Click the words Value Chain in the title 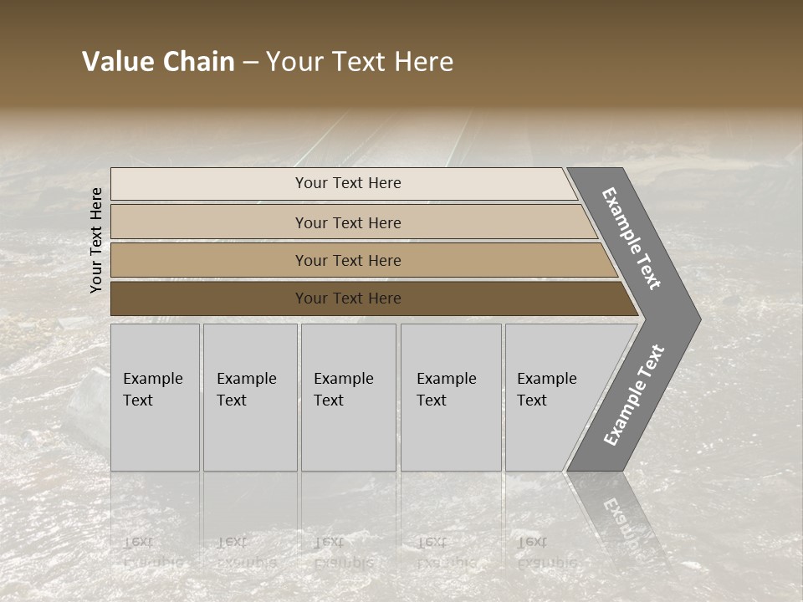click(158, 62)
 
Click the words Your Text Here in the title click(360, 62)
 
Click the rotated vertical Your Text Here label click(96, 241)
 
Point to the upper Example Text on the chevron click(632, 238)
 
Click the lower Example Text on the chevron click(633, 395)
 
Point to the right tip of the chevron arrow click(698, 319)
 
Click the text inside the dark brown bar click(348, 298)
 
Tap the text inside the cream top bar click(348, 183)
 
